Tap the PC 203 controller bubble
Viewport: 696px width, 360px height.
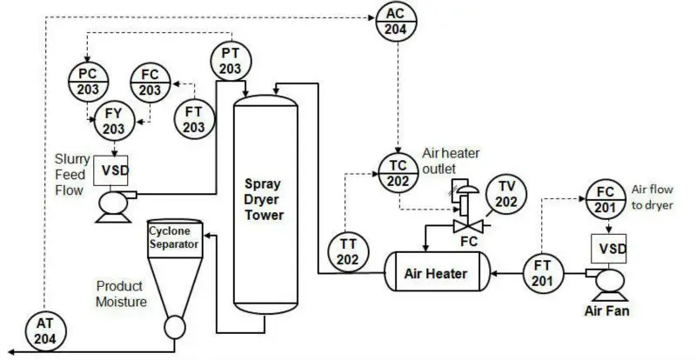89,83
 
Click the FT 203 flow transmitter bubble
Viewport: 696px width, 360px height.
194,118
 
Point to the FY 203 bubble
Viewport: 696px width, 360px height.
114,122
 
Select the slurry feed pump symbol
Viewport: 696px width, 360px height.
111,204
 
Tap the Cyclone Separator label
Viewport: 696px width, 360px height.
175,237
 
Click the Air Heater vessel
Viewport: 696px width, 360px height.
435,273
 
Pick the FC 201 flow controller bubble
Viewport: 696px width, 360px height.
607,201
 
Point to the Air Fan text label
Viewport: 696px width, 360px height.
606,309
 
